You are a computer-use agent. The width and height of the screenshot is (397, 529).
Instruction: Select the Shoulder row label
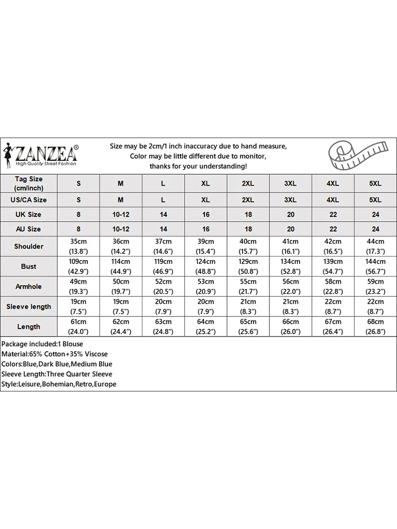(29, 247)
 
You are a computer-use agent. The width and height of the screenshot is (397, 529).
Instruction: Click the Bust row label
(29, 267)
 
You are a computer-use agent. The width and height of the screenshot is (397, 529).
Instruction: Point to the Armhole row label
(29, 287)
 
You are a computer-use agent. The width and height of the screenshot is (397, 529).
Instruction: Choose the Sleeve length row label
(29, 307)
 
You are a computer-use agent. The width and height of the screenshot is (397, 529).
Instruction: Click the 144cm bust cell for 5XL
(375, 267)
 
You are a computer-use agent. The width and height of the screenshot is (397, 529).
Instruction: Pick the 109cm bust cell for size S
(79, 267)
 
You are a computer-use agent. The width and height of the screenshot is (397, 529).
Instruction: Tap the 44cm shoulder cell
(375, 247)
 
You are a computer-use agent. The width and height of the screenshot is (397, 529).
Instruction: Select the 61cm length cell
(79, 326)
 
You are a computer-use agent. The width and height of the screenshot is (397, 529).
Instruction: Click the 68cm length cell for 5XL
(375, 326)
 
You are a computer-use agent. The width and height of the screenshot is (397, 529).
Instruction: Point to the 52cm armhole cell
(163, 287)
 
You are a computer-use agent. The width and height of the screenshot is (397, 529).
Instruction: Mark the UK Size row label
(29, 215)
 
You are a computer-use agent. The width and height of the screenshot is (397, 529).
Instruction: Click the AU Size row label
(29, 229)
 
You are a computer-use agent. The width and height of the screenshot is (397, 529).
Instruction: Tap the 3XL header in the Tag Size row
(290, 184)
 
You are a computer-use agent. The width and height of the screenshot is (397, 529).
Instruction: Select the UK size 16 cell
(205, 215)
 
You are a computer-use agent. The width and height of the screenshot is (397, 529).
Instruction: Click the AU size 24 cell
(375, 229)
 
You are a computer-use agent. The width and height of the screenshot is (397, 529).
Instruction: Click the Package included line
(42, 344)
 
